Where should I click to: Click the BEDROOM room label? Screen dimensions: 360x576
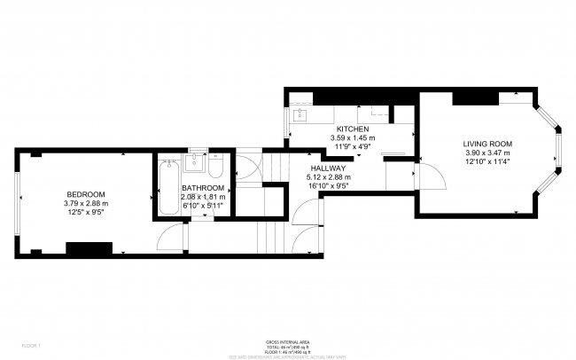pyautogui.click(x=86, y=194)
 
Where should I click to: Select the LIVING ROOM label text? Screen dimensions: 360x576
pyautogui.click(x=487, y=144)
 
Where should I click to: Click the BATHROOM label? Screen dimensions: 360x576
pyautogui.click(x=203, y=188)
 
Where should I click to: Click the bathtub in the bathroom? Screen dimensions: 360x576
pyautogui.click(x=168, y=188)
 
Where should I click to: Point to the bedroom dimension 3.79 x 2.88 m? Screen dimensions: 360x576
pyautogui.click(x=86, y=204)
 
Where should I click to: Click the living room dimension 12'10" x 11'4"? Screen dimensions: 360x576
pyautogui.click(x=487, y=162)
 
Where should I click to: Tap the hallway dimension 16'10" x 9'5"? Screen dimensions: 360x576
pyautogui.click(x=327, y=185)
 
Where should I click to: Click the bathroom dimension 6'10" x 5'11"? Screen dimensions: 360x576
pyautogui.click(x=203, y=207)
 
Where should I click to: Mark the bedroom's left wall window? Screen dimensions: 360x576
pyautogui.click(x=16, y=202)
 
